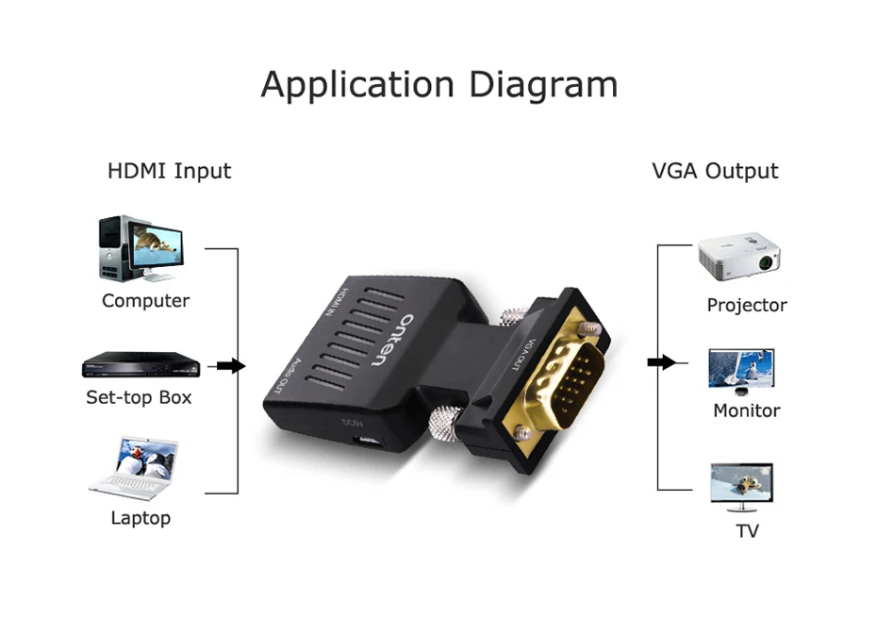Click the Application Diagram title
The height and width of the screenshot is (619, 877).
click(x=438, y=85)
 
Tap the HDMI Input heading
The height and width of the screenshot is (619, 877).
click(x=169, y=171)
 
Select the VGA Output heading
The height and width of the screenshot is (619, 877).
click(x=715, y=171)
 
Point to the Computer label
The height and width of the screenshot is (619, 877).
click(x=145, y=301)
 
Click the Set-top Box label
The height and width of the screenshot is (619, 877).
click(x=139, y=397)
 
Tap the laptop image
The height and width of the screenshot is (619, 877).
click(x=136, y=468)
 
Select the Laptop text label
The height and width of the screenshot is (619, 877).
click(x=141, y=518)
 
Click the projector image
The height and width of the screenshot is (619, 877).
click(x=739, y=257)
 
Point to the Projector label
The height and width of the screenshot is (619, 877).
click(x=746, y=305)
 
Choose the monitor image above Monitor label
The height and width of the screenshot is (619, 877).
click(x=741, y=371)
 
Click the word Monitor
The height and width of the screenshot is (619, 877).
click(x=746, y=410)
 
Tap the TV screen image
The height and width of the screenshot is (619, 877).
click(x=741, y=485)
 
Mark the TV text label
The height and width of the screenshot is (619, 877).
click(x=747, y=531)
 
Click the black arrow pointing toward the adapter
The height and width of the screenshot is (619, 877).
click(x=230, y=365)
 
